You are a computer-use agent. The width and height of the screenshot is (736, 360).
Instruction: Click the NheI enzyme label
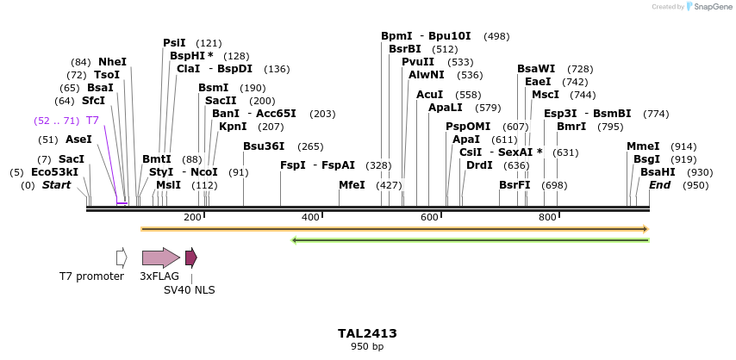112,62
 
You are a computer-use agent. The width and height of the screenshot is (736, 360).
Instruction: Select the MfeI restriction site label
352,184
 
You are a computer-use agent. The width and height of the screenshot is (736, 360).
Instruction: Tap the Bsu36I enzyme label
264,146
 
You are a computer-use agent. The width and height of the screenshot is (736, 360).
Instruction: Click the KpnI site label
233,127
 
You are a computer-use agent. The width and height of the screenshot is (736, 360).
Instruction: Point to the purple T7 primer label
92,121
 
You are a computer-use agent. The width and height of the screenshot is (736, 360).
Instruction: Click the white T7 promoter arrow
122,258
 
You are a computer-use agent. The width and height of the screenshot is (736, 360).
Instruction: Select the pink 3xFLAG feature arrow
160,258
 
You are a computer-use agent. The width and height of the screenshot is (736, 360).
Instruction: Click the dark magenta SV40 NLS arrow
190,258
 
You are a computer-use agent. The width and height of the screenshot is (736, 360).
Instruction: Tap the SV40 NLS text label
190,290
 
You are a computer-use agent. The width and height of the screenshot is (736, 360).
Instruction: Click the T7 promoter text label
91,276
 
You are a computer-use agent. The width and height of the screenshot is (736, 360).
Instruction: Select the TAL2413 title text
367,333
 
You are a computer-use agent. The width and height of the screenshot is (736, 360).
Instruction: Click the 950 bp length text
367,346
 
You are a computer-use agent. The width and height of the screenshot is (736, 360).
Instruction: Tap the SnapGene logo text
712,6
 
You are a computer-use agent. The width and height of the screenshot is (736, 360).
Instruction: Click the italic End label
659,185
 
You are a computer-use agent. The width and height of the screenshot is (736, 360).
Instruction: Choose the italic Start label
56,185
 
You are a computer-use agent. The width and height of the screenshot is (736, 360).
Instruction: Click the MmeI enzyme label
643,146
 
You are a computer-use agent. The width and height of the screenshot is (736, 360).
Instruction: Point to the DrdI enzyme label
479,165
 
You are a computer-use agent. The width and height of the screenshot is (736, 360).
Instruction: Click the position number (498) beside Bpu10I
496,36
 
